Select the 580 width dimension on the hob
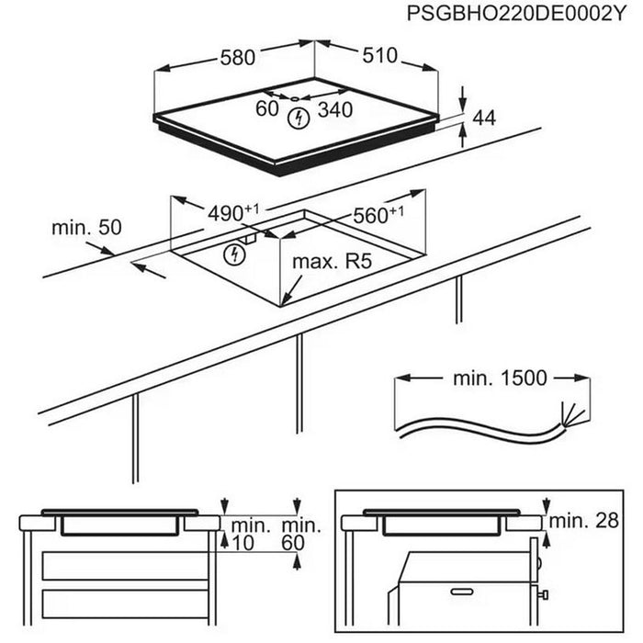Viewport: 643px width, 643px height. tap(237, 58)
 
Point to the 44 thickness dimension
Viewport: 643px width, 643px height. tap(484, 118)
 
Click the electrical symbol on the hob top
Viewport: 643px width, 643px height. tap(299, 117)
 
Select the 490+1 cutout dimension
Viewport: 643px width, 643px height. tap(236, 212)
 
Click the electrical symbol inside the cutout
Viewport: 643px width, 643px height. tap(234, 254)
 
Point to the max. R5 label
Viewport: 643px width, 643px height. tap(331, 263)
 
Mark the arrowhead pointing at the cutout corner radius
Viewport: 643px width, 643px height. tap(286, 300)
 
